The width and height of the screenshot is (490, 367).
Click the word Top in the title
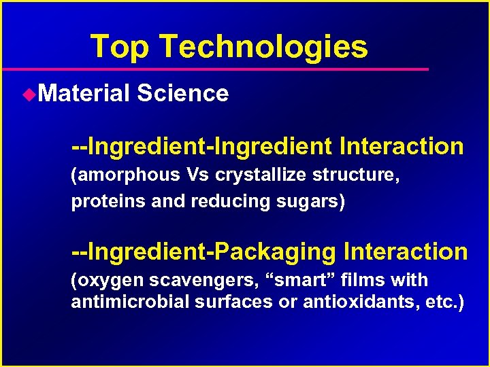[119, 46]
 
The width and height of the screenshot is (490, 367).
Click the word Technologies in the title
[264, 46]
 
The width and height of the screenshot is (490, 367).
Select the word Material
[83, 92]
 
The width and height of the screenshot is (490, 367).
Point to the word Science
[182, 92]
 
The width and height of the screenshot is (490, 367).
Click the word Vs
[197, 175]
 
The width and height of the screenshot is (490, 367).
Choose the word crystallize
[261, 175]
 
